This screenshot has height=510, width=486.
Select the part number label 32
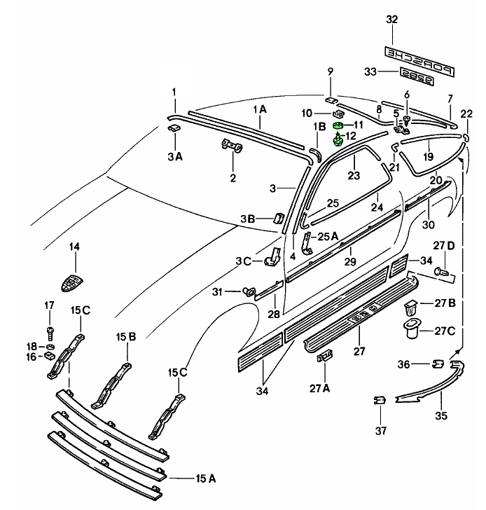391,20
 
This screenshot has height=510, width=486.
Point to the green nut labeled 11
338,125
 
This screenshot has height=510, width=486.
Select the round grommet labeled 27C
410,328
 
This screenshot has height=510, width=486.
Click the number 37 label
380,430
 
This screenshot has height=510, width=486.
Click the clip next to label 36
436,364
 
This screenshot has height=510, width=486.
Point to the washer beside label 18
51,346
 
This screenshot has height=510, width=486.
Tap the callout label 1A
259,109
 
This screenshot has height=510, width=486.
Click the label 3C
243,261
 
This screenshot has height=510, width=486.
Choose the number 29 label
350,261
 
